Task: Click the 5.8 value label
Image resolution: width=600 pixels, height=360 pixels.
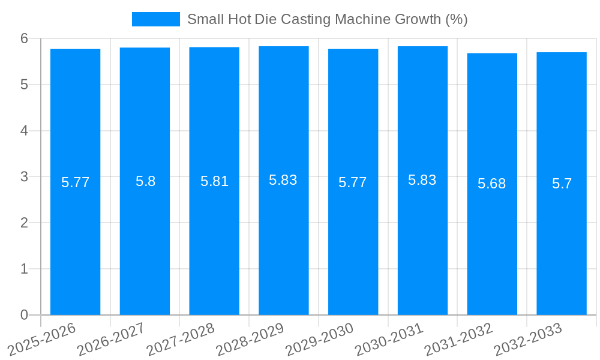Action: pos(145,181)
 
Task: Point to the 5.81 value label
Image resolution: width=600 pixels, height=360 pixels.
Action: pos(214,181)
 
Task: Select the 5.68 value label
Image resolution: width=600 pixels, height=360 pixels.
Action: pos(491,184)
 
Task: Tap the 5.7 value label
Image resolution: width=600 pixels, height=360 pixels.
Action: pos(562,184)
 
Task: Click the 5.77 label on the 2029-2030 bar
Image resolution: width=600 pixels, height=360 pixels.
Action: pos(352,182)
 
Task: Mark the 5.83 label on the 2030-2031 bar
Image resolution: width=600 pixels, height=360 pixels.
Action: pos(422,180)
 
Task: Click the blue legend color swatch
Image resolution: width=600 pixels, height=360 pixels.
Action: pos(155,19)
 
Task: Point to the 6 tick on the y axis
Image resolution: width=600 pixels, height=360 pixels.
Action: pos(24,38)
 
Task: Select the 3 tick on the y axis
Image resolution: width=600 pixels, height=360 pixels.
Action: pos(24,176)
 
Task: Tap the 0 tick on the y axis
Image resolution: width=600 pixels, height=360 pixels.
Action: pos(24,315)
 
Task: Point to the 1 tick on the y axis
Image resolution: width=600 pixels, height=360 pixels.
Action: pos(24,269)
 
